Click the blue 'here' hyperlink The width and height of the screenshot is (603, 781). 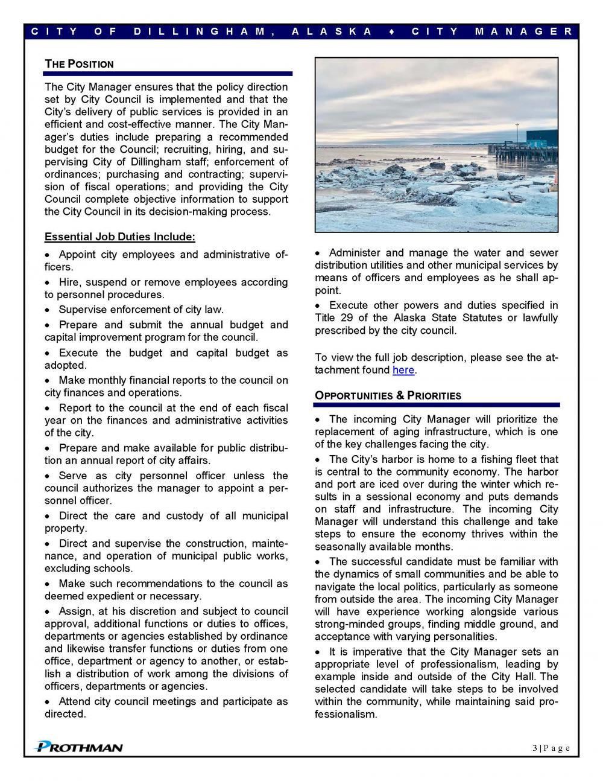[403, 370]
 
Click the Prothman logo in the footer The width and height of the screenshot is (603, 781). [79, 747]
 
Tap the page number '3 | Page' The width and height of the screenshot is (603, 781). [551, 748]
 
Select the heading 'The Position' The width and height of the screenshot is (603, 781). [79, 64]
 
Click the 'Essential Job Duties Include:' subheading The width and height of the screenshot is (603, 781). [119, 237]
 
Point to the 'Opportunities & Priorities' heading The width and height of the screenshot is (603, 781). [388, 396]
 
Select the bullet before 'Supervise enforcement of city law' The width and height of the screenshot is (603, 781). [48, 310]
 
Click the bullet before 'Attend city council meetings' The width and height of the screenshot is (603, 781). [48, 702]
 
